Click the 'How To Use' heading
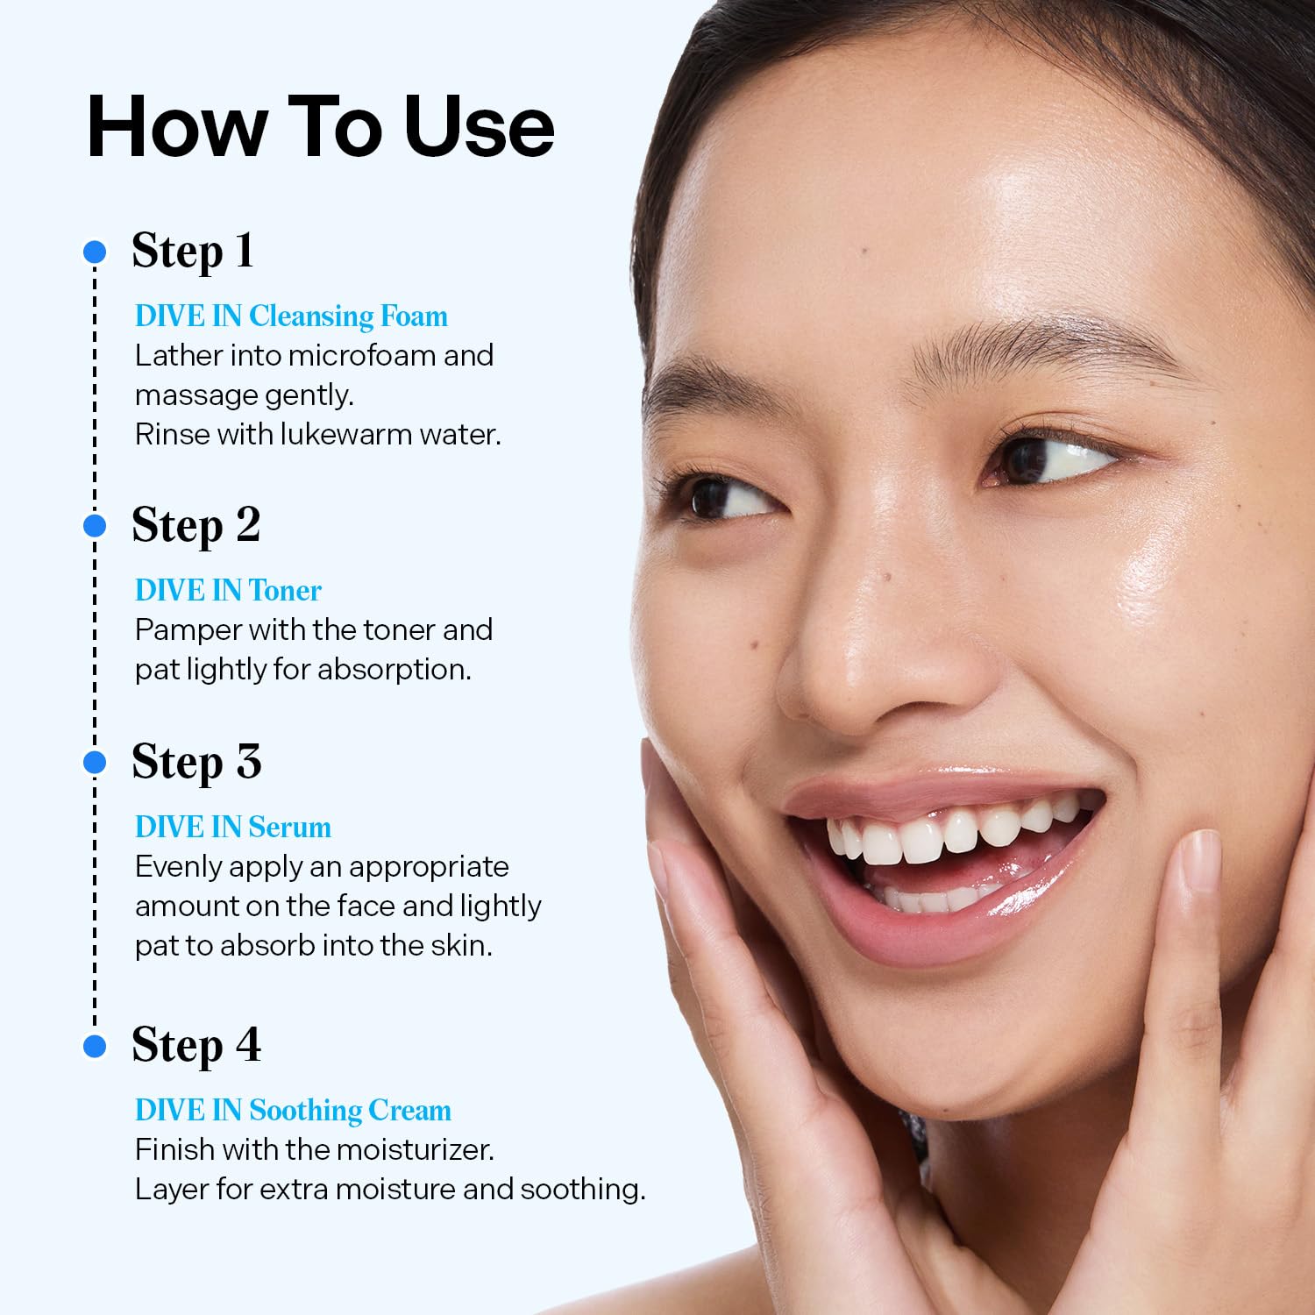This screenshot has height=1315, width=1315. (x=320, y=127)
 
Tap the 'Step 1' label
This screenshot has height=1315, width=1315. (x=193, y=252)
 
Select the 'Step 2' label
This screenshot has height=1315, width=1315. (x=195, y=526)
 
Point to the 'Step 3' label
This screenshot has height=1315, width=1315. (x=196, y=762)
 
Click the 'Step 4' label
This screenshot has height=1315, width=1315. (x=196, y=1045)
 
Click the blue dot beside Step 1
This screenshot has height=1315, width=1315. (x=95, y=252)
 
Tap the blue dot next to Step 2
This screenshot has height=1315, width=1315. (x=95, y=526)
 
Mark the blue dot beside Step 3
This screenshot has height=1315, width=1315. (x=95, y=763)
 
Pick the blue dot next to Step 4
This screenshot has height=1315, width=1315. (x=95, y=1046)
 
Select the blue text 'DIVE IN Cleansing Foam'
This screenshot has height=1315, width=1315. (x=291, y=316)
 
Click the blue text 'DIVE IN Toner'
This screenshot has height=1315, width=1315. (x=228, y=591)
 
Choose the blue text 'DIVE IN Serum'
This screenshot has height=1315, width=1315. (x=233, y=828)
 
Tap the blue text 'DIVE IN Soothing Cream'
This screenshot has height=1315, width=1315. (x=293, y=1111)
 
